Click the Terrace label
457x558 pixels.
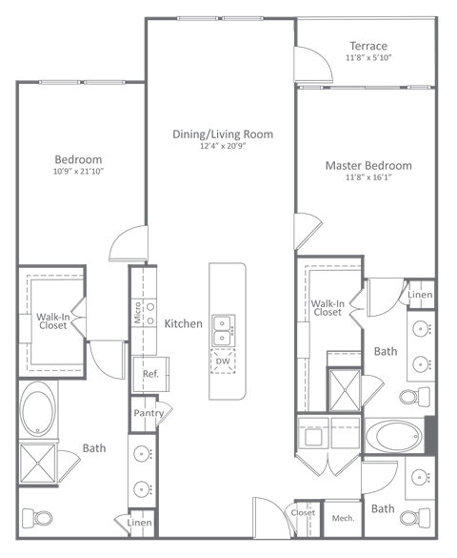[368, 46]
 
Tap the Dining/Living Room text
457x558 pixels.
[236, 134]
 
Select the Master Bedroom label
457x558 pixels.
[368, 165]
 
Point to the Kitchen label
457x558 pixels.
[183, 324]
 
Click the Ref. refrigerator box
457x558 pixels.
[149, 374]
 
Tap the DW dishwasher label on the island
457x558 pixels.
[223, 361]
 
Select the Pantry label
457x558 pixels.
[148, 413]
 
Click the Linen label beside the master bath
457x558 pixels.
[420, 295]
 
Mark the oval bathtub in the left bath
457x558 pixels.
[39, 405]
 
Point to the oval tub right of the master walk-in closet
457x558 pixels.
[391, 437]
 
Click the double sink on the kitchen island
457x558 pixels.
[223, 330]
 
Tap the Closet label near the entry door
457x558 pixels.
[303, 513]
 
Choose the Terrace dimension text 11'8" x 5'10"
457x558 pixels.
[368, 58]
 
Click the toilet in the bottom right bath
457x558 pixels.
[411, 518]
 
